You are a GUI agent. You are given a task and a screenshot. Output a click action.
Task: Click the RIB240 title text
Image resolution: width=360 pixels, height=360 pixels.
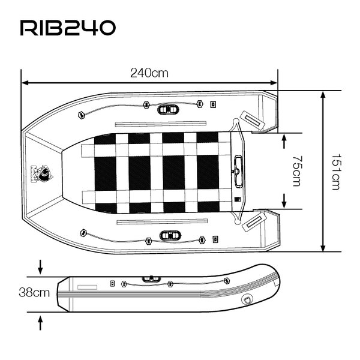(67, 28)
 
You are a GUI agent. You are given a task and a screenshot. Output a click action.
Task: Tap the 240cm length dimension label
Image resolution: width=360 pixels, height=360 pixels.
(149, 73)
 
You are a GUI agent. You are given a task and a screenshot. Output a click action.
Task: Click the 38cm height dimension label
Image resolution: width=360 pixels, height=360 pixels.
(34, 293)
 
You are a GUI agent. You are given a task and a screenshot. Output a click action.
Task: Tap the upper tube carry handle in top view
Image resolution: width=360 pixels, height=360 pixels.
(167, 109)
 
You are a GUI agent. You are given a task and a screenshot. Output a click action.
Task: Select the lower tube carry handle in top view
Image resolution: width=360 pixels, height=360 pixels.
(168, 235)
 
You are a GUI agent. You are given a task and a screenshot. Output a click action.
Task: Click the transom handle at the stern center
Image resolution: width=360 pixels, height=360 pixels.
(238, 163)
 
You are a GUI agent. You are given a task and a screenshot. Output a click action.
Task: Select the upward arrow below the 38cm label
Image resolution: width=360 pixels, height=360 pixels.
(41, 323)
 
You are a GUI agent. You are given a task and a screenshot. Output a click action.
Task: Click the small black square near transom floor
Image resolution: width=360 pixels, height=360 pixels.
(237, 199)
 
